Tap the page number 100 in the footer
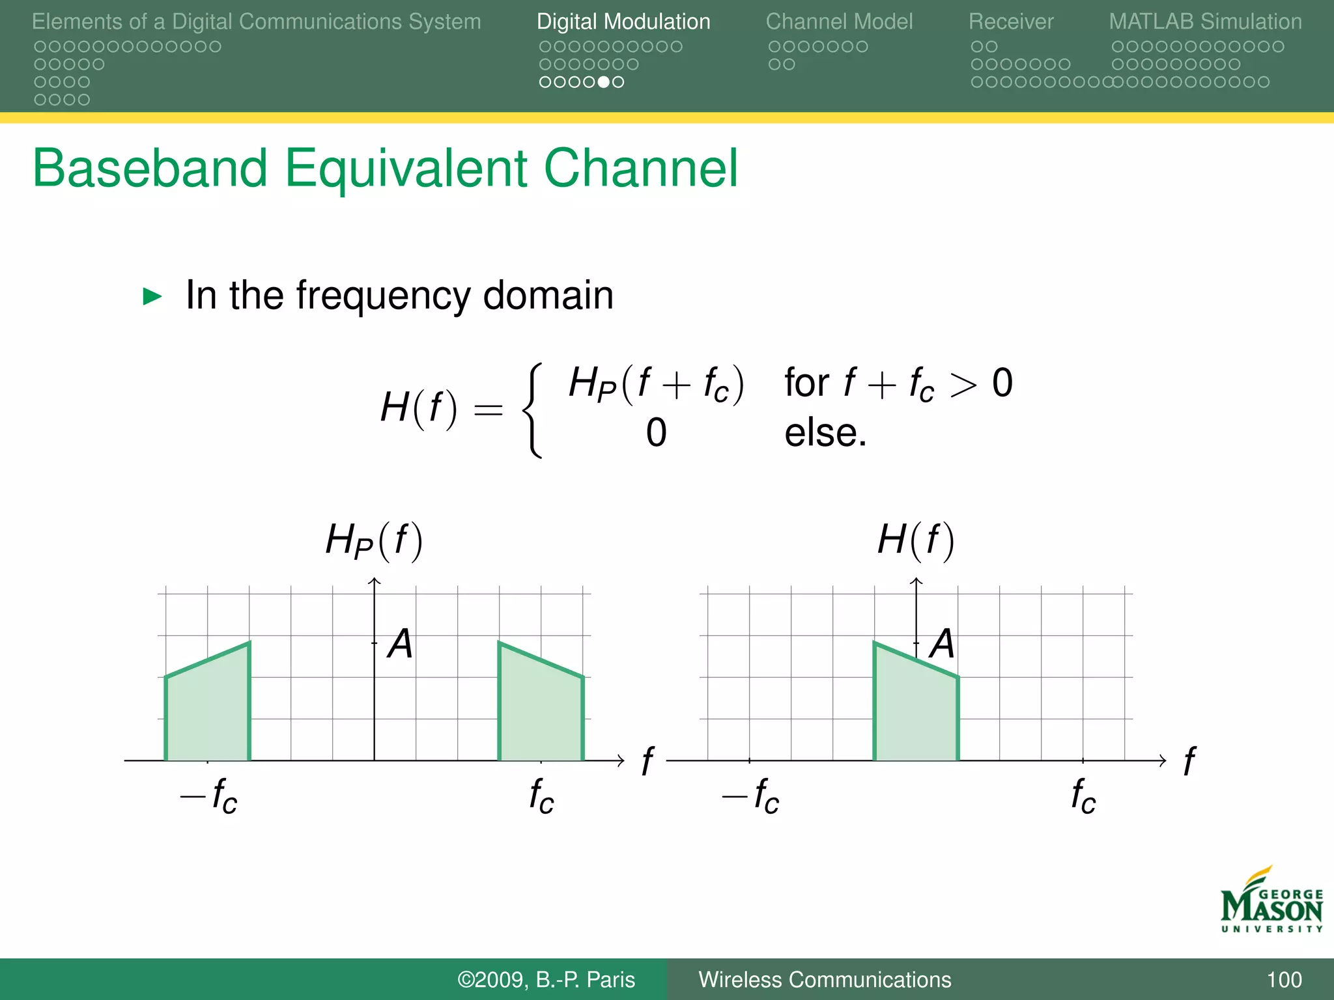(1284, 979)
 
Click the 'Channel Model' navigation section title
(839, 21)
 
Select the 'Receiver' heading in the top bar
(1010, 21)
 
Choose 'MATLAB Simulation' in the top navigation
(1205, 21)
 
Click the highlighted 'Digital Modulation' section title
(623, 21)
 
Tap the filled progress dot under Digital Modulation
(604, 82)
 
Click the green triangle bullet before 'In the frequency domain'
(152, 297)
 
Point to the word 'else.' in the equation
(825, 433)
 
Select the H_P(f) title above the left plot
(374, 540)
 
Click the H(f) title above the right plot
(916, 540)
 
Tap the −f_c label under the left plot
(209, 796)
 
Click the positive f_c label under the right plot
(1083, 796)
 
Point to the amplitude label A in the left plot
(400, 644)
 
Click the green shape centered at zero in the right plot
(915, 710)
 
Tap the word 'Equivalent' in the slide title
(405, 168)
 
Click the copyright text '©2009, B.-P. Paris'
(546, 979)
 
